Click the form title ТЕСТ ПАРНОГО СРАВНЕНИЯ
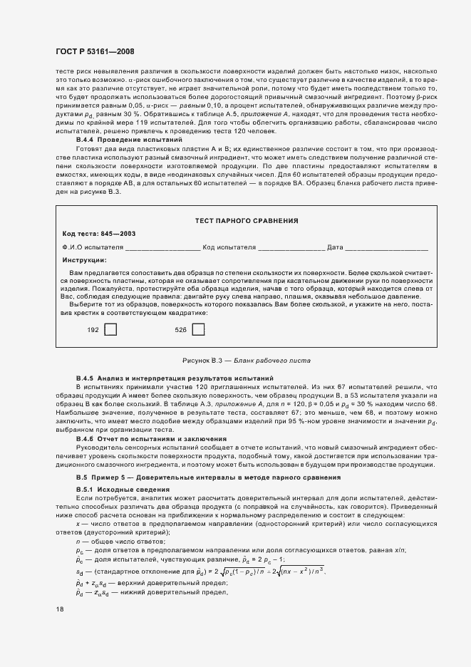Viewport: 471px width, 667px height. pos(246,221)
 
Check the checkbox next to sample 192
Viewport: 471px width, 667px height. pos(110,330)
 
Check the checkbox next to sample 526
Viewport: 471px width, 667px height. pos(198,330)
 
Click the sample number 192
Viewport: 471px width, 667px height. pos(93,331)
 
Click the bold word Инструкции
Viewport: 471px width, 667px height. pos(84,260)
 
